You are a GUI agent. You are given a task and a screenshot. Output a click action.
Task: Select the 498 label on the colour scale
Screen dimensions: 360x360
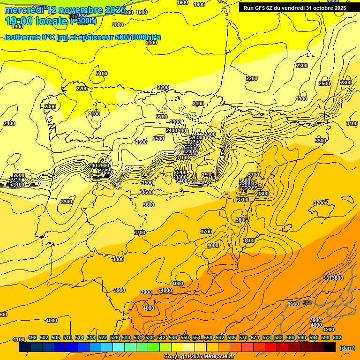(x=32, y=337)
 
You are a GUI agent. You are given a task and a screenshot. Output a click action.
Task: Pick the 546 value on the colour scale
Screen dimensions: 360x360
(x=172, y=337)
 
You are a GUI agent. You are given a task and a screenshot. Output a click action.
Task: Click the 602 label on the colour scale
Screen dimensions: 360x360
(x=337, y=337)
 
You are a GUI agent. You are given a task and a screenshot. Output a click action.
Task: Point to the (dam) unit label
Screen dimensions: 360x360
(x=347, y=348)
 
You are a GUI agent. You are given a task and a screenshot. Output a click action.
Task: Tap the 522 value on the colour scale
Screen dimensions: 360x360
(x=103, y=337)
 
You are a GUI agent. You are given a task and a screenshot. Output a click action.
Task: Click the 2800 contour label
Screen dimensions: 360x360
(x=345, y=82)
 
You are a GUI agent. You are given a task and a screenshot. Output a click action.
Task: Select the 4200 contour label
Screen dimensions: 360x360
(x=329, y=330)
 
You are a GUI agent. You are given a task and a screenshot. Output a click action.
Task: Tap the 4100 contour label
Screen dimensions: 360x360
(x=18, y=339)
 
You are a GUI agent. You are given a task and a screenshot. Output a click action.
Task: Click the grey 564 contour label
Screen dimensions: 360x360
(x=307, y=303)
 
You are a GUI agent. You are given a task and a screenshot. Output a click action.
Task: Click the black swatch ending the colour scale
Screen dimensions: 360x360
(x=330, y=347)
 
